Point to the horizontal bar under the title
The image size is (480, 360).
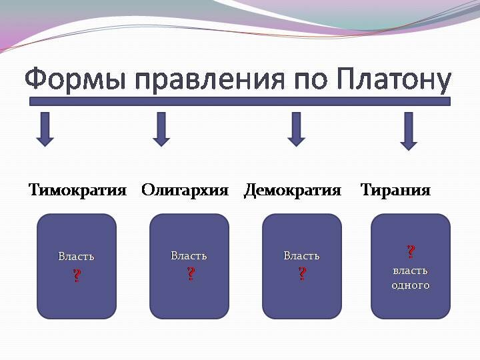240,102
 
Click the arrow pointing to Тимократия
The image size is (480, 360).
45,129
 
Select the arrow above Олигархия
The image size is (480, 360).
161,129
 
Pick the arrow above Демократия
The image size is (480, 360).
296,129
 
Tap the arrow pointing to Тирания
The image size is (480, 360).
409,131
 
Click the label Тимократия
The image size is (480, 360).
77,190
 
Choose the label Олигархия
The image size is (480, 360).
185,190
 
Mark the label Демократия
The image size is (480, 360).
292,190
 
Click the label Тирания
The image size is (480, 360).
395,190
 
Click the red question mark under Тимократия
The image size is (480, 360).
77,275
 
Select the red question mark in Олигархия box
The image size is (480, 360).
191,273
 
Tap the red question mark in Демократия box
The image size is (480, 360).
302,273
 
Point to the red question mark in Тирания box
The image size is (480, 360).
411,251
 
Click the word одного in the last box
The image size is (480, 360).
411,285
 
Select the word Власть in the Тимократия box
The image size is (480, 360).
76,257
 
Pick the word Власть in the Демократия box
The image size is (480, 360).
301,256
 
